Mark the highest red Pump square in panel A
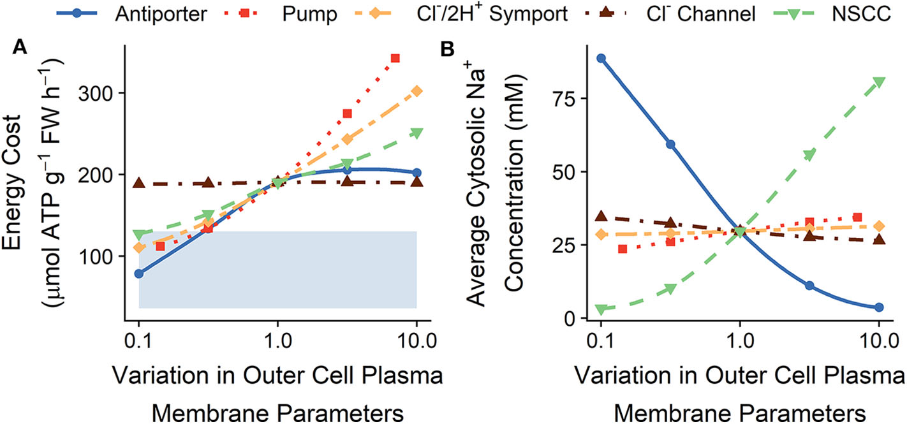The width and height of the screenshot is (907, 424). pos(395,59)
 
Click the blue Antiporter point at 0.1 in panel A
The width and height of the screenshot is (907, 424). pos(139,274)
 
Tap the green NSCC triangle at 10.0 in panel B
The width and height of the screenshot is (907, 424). pos(879,82)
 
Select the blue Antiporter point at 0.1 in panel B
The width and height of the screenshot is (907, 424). pos(601,58)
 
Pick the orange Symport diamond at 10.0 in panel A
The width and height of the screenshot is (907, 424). pos(417,91)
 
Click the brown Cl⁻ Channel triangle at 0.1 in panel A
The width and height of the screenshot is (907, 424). pos(139,184)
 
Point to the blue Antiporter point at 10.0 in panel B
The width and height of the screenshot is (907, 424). pos(879,307)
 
